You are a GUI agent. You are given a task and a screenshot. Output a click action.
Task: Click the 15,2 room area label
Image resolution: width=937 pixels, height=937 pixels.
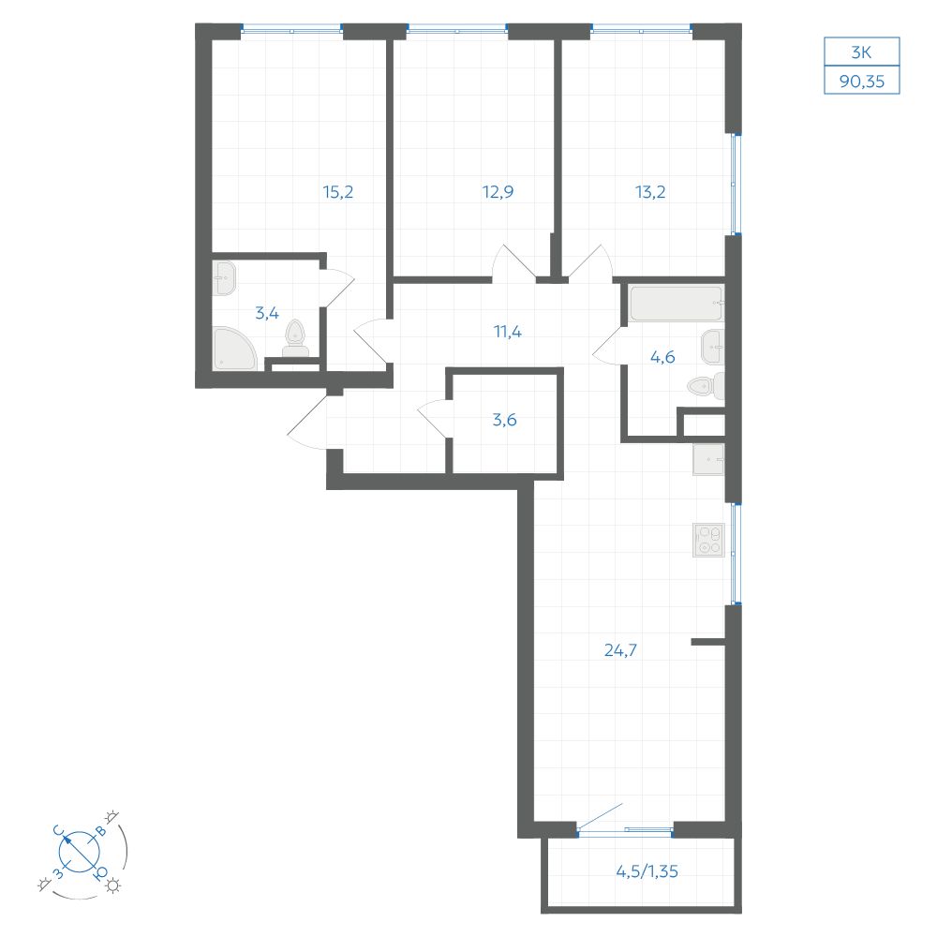[x=337, y=192]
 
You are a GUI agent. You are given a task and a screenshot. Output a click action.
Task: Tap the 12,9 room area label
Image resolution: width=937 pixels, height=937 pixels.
[x=498, y=192]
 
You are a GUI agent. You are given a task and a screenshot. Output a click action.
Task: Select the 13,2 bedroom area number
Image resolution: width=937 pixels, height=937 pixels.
[x=650, y=192]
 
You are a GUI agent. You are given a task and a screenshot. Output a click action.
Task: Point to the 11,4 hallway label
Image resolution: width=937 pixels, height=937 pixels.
[x=507, y=331]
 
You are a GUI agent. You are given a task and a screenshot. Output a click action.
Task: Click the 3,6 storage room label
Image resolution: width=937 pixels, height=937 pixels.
[x=504, y=420]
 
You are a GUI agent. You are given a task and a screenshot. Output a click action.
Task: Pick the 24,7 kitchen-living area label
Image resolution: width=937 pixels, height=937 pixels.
[x=620, y=650]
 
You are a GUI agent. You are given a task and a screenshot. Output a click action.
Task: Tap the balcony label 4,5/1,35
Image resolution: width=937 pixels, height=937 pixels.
[x=647, y=871]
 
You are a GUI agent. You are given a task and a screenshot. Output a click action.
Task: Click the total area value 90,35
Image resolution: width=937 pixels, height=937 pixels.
[x=862, y=82]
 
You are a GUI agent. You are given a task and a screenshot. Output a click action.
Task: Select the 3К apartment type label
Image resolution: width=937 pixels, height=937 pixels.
[x=861, y=52]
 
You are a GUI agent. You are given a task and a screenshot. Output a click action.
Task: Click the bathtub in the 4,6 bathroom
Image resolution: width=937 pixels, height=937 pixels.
[x=676, y=303]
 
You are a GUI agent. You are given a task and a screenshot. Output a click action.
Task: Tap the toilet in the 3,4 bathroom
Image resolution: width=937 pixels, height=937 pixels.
[x=295, y=339]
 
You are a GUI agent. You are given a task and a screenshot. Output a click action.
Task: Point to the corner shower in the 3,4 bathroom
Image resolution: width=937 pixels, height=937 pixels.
[x=233, y=349]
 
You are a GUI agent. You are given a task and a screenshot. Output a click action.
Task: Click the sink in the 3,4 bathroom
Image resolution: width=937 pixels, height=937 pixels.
[x=225, y=278]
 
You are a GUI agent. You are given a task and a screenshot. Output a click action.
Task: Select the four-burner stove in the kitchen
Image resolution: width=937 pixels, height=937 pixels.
[x=708, y=541]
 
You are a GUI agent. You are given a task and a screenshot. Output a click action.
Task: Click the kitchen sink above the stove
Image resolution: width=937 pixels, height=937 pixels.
[x=708, y=459]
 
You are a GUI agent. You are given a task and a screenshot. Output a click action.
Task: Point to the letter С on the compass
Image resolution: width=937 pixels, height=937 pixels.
[x=58, y=830]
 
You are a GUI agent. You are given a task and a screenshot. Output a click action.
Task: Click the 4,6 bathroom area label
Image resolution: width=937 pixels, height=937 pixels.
[x=662, y=357]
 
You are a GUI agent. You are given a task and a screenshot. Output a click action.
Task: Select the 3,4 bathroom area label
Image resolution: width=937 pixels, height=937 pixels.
[x=266, y=313]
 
